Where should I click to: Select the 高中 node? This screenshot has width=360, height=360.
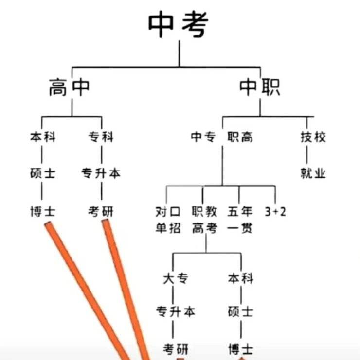click(x=69, y=88)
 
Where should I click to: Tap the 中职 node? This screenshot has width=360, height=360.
click(x=260, y=88)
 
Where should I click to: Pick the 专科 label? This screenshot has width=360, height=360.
click(x=101, y=137)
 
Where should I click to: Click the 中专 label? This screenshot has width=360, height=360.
click(x=203, y=137)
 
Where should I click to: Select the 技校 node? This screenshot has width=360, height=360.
click(x=313, y=137)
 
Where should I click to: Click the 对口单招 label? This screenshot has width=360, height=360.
click(x=168, y=220)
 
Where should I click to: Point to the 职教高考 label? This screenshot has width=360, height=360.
click(x=204, y=220)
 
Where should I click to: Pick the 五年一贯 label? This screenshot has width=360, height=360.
click(x=240, y=220)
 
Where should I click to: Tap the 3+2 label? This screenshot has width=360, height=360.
click(x=275, y=212)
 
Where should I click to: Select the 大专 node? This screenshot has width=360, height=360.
click(x=175, y=278)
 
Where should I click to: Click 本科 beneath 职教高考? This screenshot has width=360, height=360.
click(x=240, y=278)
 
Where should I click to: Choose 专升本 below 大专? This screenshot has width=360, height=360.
click(x=175, y=311)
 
